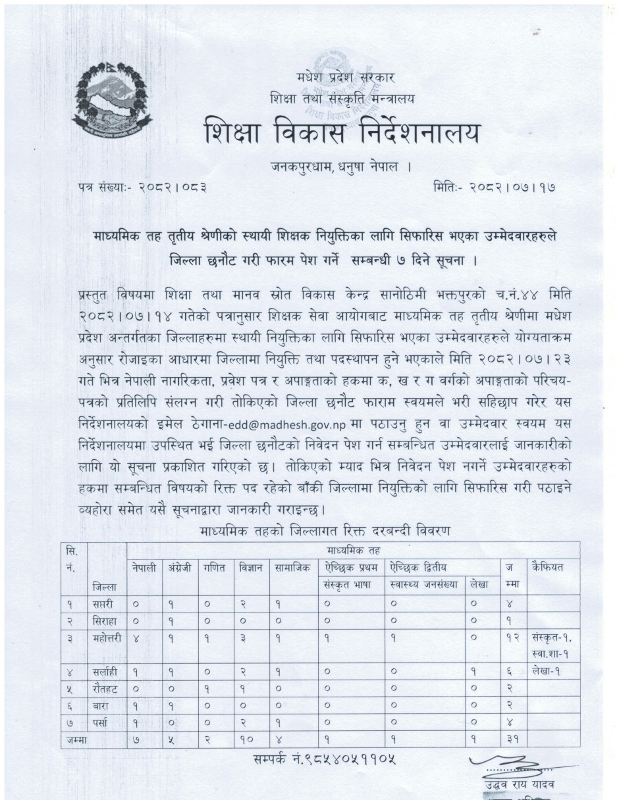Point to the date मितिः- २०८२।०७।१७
pos(488,187)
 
